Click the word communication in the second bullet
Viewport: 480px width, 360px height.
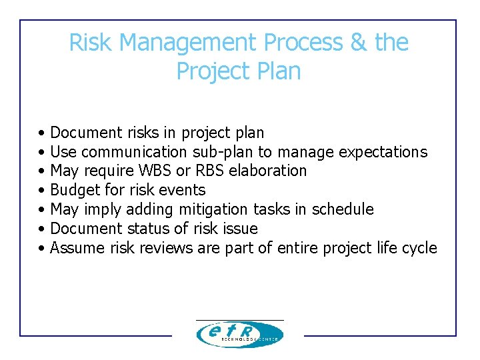(135, 152)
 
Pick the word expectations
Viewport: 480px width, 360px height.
(383, 152)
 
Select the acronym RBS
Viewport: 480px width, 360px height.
(211, 171)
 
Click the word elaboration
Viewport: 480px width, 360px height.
(268, 171)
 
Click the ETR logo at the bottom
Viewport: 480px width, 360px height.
(239, 334)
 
